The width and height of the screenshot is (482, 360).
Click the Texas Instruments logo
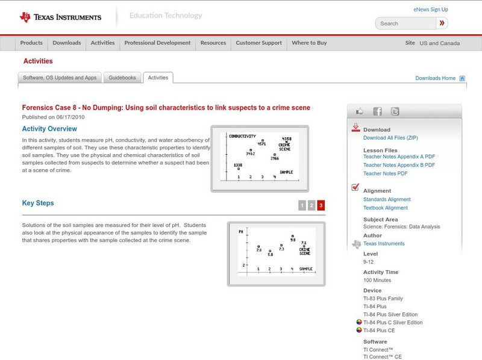[60, 17]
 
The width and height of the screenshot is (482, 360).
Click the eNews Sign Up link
[431, 10]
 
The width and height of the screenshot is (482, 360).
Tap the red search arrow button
[442, 23]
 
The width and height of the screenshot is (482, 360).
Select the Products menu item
[31, 43]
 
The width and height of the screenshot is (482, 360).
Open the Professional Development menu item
[157, 43]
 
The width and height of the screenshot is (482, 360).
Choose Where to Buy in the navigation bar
[309, 43]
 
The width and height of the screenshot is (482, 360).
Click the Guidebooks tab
[123, 78]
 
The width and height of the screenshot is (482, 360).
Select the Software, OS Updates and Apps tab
[60, 78]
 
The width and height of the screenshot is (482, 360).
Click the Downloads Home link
[436, 78]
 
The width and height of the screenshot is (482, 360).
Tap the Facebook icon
[377, 111]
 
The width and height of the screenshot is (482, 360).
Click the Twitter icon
[395, 111]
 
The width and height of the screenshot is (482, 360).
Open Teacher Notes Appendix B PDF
[399, 165]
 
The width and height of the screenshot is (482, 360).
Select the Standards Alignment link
[387, 199]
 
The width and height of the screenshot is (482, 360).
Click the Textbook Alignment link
[386, 208]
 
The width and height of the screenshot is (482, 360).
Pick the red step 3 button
[321, 205]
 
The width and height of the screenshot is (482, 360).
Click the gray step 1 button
[302, 205]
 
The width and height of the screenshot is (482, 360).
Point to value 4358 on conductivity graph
[287, 139]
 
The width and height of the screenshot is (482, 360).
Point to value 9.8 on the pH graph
[293, 240]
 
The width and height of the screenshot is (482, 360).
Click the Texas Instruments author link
[384, 244]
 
